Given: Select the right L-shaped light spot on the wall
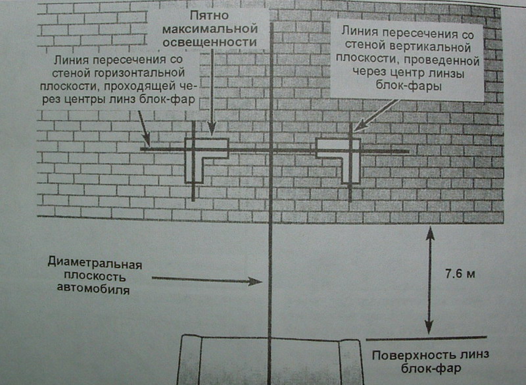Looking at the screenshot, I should coord(343,155).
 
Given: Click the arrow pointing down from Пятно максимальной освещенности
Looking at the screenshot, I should coord(210,115).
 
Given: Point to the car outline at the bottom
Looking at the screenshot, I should coord(270,359).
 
